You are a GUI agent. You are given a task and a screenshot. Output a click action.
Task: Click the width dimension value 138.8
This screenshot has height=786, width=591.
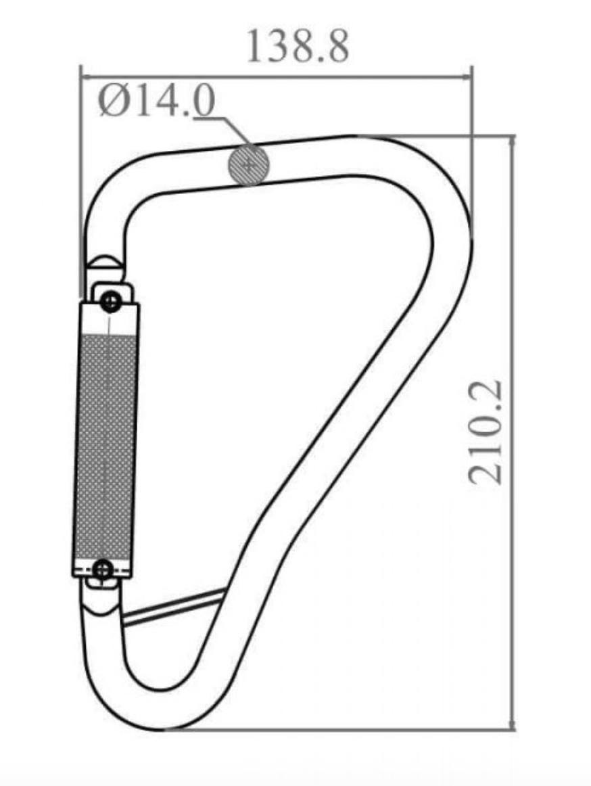click(297, 47)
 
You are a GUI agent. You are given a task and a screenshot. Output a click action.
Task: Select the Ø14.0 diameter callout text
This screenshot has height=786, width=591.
click(157, 102)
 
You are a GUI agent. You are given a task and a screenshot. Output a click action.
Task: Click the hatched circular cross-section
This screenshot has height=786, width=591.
click(248, 164)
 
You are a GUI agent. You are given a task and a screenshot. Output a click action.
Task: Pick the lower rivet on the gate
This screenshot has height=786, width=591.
click(103, 570)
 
